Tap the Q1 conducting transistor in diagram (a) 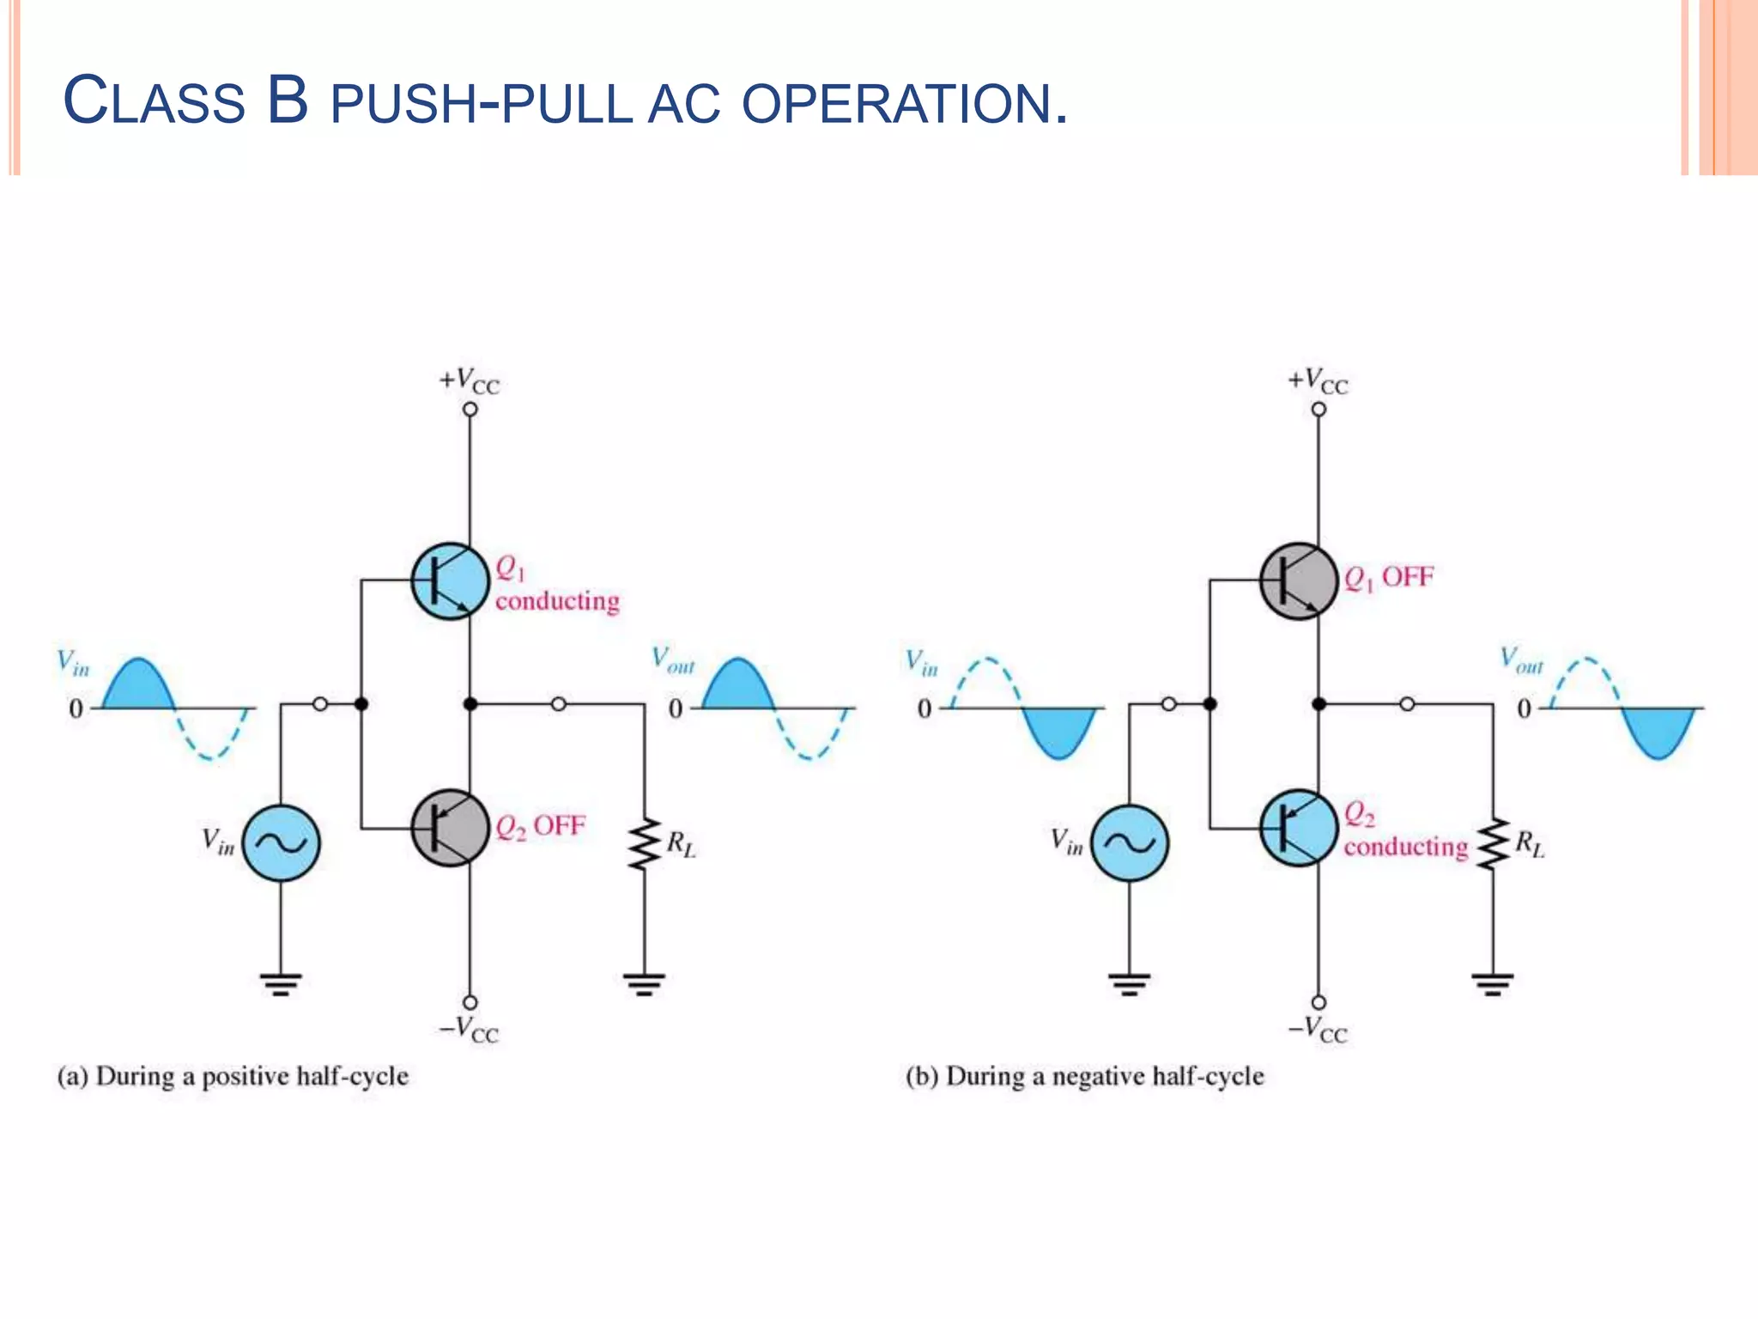[x=450, y=581]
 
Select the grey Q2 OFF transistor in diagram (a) [x=450, y=828]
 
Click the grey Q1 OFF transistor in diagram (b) [x=1298, y=581]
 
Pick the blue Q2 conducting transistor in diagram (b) [x=1298, y=828]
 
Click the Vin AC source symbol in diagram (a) [x=281, y=843]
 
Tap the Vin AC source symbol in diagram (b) [x=1129, y=843]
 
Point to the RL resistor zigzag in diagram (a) [x=645, y=844]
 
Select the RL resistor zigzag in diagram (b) [x=1494, y=844]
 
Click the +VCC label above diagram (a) [x=469, y=380]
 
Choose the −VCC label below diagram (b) [x=1318, y=1029]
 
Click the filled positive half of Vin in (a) [x=138, y=687]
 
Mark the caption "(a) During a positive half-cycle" [x=233, y=1077]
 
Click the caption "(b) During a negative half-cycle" [x=1085, y=1077]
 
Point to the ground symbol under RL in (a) [x=645, y=983]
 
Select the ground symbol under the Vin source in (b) [x=1129, y=983]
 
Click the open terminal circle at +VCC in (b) [x=1318, y=410]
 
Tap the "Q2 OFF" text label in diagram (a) [x=541, y=827]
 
